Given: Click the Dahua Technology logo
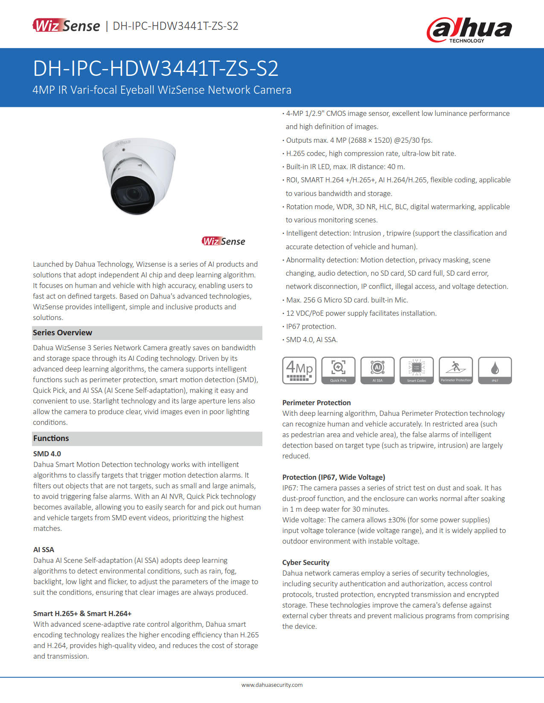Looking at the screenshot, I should [x=469, y=30].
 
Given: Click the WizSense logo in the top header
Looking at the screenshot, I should [x=67, y=26].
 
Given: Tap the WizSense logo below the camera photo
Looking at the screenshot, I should [x=224, y=242].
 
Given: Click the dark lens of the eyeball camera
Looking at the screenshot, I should [x=127, y=195].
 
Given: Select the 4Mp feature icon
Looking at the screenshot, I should [x=299, y=370].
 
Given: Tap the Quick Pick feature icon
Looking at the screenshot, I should [x=338, y=370].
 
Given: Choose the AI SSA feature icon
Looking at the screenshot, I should [x=378, y=370].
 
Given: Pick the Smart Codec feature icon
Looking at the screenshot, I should [x=416, y=370].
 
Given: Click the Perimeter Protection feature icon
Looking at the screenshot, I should [x=456, y=370].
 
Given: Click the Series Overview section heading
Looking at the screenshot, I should [x=63, y=333].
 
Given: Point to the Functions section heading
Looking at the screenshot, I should [x=51, y=438].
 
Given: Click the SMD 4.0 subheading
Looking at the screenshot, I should [x=47, y=454].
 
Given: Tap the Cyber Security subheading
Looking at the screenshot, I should [x=306, y=562].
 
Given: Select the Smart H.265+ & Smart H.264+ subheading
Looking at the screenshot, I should [x=82, y=614].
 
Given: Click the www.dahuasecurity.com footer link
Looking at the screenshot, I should [x=272, y=685].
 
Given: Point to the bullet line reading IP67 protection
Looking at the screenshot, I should [x=311, y=326].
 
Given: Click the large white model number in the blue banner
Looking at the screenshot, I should [x=156, y=68].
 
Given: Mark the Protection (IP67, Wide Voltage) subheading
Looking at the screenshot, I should [x=334, y=477].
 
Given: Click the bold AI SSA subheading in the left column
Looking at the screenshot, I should [x=44, y=550].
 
